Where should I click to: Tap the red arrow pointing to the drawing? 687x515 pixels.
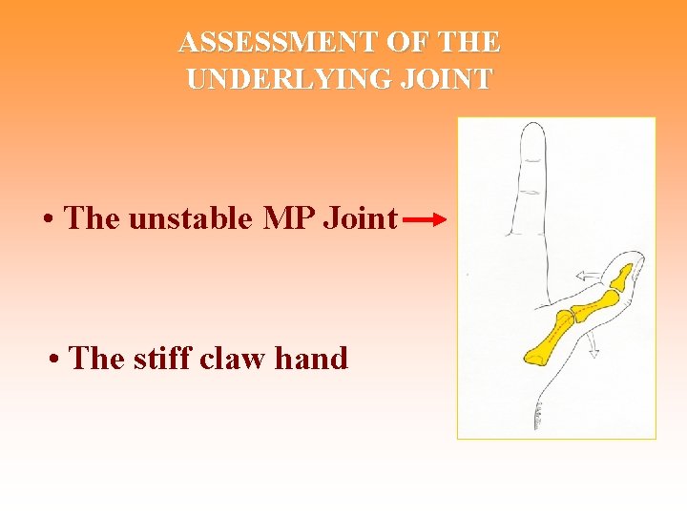coord(425,220)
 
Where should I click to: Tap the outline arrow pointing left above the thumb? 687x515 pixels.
coord(588,277)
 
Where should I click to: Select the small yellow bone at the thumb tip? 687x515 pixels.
coord(623,278)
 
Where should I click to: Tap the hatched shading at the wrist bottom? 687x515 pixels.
coord(538,416)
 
